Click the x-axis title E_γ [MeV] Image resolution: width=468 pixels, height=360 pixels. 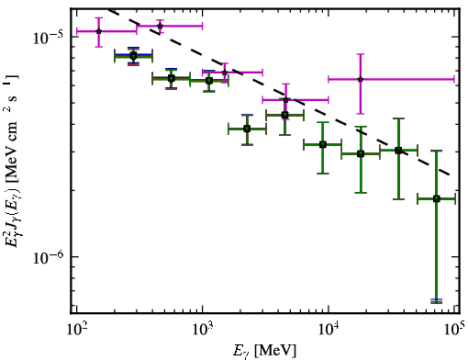[x=264, y=351]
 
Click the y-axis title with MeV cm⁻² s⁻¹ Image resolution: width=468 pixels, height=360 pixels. [x=12, y=162]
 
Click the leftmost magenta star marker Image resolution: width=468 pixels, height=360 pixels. [x=98, y=31]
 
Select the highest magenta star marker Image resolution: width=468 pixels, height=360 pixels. [x=160, y=26]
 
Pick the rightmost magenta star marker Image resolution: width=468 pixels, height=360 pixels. [x=361, y=79]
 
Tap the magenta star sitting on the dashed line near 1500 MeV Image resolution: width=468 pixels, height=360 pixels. [x=225, y=73]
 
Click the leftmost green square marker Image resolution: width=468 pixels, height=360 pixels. [x=133, y=56]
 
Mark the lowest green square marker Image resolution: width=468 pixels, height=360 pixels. [x=437, y=199]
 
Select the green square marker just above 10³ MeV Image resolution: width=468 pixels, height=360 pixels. [x=209, y=81]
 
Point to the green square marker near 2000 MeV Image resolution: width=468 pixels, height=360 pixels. [x=247, y=129]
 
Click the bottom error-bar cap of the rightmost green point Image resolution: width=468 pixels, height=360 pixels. [x=437, y=301]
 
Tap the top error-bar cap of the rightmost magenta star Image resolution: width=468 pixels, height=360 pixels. [x=361, y=54]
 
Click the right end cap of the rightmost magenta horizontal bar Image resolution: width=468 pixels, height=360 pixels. [x=454, y=79]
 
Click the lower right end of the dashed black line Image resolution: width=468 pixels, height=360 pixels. [x=449, y=174]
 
